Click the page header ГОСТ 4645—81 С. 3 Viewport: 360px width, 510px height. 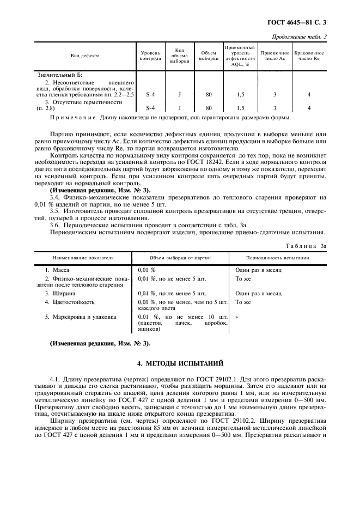click(301, 23)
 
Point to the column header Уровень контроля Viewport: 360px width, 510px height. click(150, 56)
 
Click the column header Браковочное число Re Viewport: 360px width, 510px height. click(309, 56)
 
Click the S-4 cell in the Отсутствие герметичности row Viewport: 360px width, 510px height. click(151, 108)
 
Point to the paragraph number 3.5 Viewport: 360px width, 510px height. click(54, 210)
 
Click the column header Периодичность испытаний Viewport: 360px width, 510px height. click(278, 257)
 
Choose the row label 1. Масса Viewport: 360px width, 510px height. click(57, 270)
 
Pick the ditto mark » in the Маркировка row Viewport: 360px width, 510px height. click(237, 316)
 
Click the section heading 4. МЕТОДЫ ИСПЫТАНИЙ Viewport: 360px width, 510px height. click(180, 363)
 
